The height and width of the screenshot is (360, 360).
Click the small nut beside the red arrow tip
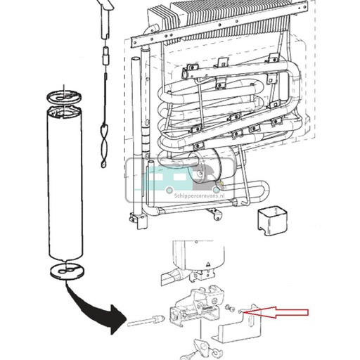[241, 310]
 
